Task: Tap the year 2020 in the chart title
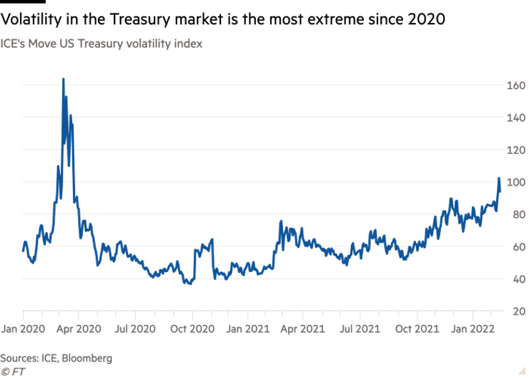coord(427,20)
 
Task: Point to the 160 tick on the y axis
coord(517,86)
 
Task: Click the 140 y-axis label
coord(517,118)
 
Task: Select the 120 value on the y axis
coord(517,150)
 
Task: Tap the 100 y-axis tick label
coord(517,182)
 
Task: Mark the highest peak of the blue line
coord(64,79)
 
